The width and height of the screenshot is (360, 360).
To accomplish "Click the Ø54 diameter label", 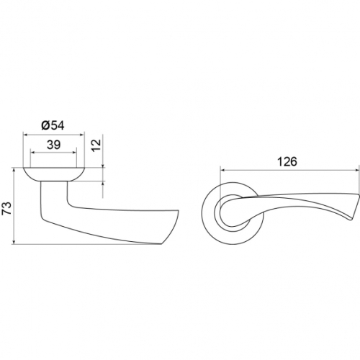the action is coord(53,125).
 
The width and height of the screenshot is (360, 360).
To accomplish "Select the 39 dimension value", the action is coord(53,145).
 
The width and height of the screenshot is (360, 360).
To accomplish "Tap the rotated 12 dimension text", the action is coord(96,145).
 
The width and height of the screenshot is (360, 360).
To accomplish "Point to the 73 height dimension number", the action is coord(6,208).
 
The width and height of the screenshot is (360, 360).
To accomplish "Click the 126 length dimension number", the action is coord(287,162).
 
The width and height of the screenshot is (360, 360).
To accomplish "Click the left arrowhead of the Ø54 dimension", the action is coord(25,135).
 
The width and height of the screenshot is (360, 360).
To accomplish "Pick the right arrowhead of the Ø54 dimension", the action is coord(83,135).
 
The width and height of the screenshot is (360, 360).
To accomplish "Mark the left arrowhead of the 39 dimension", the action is coord(32,152).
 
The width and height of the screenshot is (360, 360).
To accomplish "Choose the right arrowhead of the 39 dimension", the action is coord(74,152).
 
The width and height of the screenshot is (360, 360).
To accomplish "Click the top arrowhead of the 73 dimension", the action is coord(14,170).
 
